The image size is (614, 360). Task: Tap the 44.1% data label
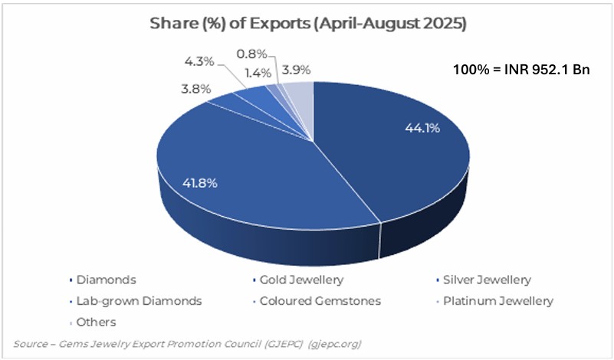pos(422,129)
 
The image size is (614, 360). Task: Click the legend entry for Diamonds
pos(107,280)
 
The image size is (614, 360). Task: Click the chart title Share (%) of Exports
pos(307,24)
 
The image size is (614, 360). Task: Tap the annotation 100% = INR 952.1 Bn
pos(522,70)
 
